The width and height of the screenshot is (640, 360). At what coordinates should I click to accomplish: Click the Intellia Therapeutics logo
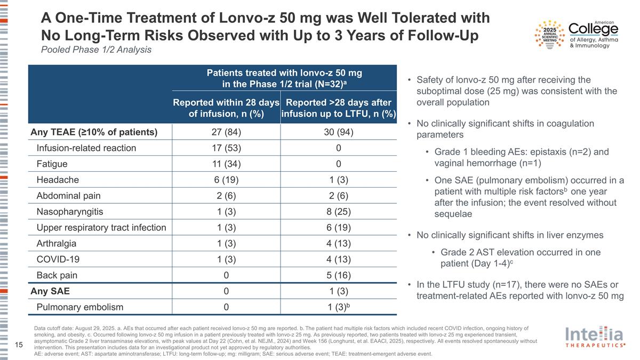coord(595,338)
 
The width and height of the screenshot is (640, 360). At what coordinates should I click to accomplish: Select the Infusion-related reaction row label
coord(86,148)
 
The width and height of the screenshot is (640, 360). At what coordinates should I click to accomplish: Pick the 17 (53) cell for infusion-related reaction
coord(226,148)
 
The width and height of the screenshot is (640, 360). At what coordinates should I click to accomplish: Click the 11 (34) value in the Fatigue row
coord(226,164)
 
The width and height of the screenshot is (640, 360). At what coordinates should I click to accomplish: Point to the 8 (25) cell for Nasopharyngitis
coord(339,212)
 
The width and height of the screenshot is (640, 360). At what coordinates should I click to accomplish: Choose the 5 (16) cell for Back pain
coord(339,275)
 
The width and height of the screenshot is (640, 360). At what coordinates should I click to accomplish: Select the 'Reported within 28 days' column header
coord(226,109)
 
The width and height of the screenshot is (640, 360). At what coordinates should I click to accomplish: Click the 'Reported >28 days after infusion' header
coord(339,109)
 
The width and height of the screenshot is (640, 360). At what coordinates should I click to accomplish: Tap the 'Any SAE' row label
coord(50,291)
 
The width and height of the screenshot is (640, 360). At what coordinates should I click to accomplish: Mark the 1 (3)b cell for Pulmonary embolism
coord(339,307)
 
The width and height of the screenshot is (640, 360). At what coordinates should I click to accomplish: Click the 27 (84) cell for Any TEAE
coord(226,132)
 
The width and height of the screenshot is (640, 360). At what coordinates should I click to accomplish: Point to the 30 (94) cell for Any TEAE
coord(339,132)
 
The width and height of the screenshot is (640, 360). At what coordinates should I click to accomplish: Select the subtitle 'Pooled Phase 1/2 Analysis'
coord(97,50)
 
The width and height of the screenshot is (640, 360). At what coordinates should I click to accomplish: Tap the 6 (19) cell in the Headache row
coord(226,180)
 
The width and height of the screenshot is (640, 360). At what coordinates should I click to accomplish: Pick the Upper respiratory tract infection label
coord(101,228)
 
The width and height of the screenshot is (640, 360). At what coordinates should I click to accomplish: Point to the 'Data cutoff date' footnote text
coord(64,328)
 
